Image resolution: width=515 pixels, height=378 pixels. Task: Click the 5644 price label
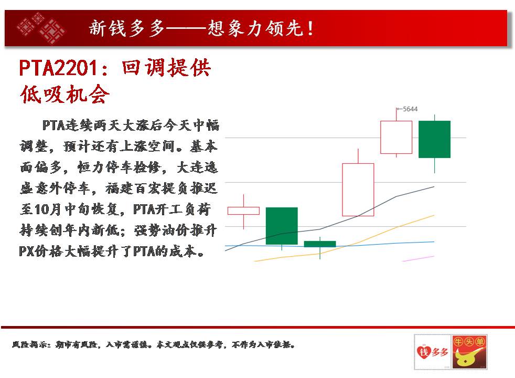coord(410,109)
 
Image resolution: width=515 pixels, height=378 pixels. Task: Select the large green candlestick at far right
coord(435,139)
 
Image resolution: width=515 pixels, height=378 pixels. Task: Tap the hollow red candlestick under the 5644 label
coord(396,137)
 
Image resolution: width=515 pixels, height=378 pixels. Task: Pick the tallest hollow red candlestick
coord(358,190)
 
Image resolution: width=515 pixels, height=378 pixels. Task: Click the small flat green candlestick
coord(320,244)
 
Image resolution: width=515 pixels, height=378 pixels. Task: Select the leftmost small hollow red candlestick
coord(243,211)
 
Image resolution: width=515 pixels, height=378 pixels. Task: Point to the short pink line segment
coord(418,259)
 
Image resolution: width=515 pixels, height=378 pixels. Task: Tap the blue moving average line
coord(329,245)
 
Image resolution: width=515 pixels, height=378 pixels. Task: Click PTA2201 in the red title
coord(58,68)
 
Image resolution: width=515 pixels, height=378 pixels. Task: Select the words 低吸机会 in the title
coord(65,94)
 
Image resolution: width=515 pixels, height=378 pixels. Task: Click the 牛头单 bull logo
coord(469,352)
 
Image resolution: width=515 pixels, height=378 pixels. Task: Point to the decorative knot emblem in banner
coord(41,28)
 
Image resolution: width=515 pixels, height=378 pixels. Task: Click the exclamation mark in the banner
coord(310,28)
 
